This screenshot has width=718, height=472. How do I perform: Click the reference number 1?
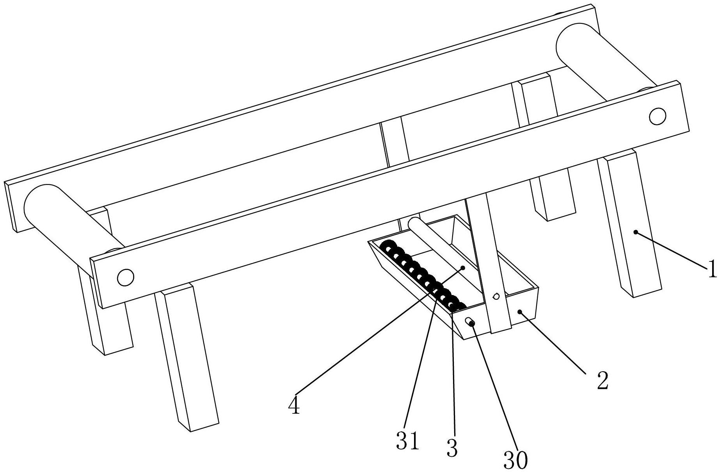point(712,269)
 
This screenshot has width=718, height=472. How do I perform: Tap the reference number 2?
point(602,380)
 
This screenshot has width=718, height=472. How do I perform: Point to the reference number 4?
point(294,406)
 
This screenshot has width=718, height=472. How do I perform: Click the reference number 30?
point(515,460)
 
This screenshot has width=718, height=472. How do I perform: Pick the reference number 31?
point(408,441)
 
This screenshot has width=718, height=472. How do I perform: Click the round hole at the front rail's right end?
point(657,116)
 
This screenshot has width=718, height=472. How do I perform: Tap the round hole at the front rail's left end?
point(126,277)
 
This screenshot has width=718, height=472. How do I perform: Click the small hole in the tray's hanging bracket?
point(496,296)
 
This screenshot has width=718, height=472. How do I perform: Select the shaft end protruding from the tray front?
point(470,322)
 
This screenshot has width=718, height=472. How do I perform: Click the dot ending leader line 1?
point(636,232)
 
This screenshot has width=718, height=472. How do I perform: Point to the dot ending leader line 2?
point(520,311)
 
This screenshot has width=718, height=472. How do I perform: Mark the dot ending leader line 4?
point(463,268)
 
